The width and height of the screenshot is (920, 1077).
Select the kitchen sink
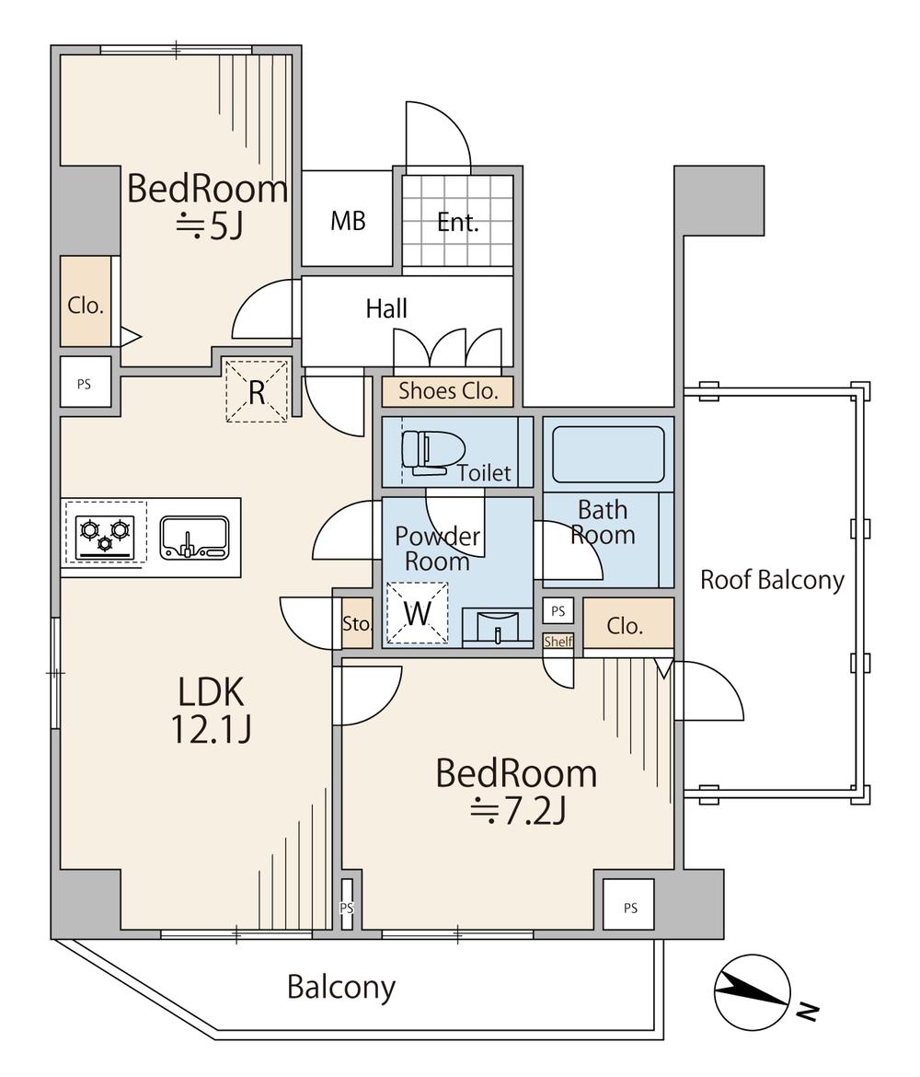tap(194, 538)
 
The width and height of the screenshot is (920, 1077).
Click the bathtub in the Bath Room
tap(608, 454)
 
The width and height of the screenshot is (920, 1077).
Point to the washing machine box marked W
tap(418, 613)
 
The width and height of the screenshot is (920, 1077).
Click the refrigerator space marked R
tap(257, 391)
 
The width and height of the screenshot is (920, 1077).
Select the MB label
tap(348, 221)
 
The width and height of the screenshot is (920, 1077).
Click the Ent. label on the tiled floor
tap(458, 222)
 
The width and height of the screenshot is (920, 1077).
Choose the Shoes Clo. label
tap(448, 391)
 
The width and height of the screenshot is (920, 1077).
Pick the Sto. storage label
tap(357, 624)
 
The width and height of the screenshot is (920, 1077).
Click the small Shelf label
tap(558, 642)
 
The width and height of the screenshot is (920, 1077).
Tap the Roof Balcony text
tap(773, 581)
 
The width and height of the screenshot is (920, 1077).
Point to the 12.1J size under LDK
tap(211, 729)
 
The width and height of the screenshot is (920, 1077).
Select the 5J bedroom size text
tap(210, 226)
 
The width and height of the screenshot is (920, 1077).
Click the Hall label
tap(386, 309)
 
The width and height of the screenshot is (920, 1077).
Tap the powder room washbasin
tap(498, 627)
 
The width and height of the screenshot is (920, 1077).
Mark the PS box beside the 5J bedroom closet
tap(86, 384)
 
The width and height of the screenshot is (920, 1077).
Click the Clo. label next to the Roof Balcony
tap(625, 626)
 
